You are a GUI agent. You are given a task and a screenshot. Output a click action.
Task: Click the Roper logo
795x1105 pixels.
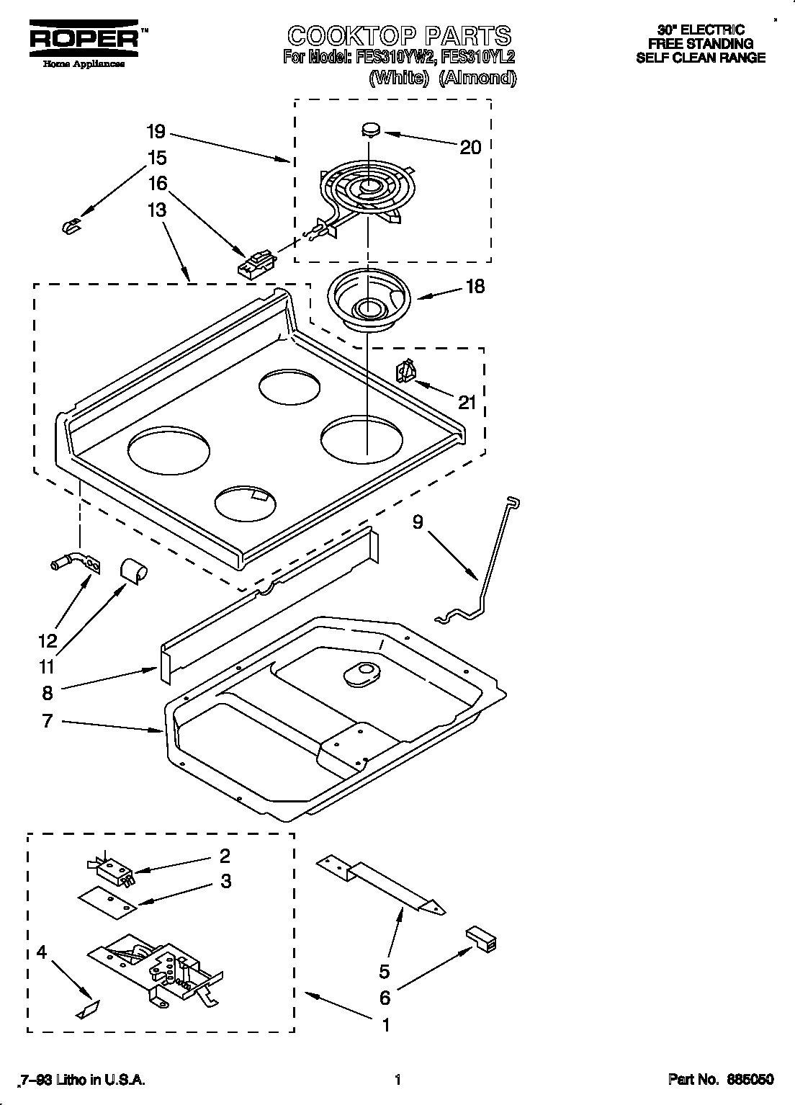coord(85,42)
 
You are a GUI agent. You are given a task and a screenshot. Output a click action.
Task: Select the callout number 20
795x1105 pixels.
coord(470,147)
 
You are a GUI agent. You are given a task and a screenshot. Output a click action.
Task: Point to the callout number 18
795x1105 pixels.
coord(475,287)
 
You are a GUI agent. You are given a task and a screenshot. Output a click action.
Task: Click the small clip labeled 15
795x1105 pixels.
coord(71,227)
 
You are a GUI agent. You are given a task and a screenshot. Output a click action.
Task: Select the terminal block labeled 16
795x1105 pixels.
coord(256,262)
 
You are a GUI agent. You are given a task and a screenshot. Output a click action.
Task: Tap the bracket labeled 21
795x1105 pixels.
coord(405,372)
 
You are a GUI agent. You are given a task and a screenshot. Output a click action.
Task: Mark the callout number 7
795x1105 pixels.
coord(48,720)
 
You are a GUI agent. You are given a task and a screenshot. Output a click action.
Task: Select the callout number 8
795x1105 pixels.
coord(48,693)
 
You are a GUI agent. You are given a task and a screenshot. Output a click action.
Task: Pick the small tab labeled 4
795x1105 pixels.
coord(86,1010)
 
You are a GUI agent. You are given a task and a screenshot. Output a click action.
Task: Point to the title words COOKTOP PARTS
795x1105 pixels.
coord(399,36)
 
